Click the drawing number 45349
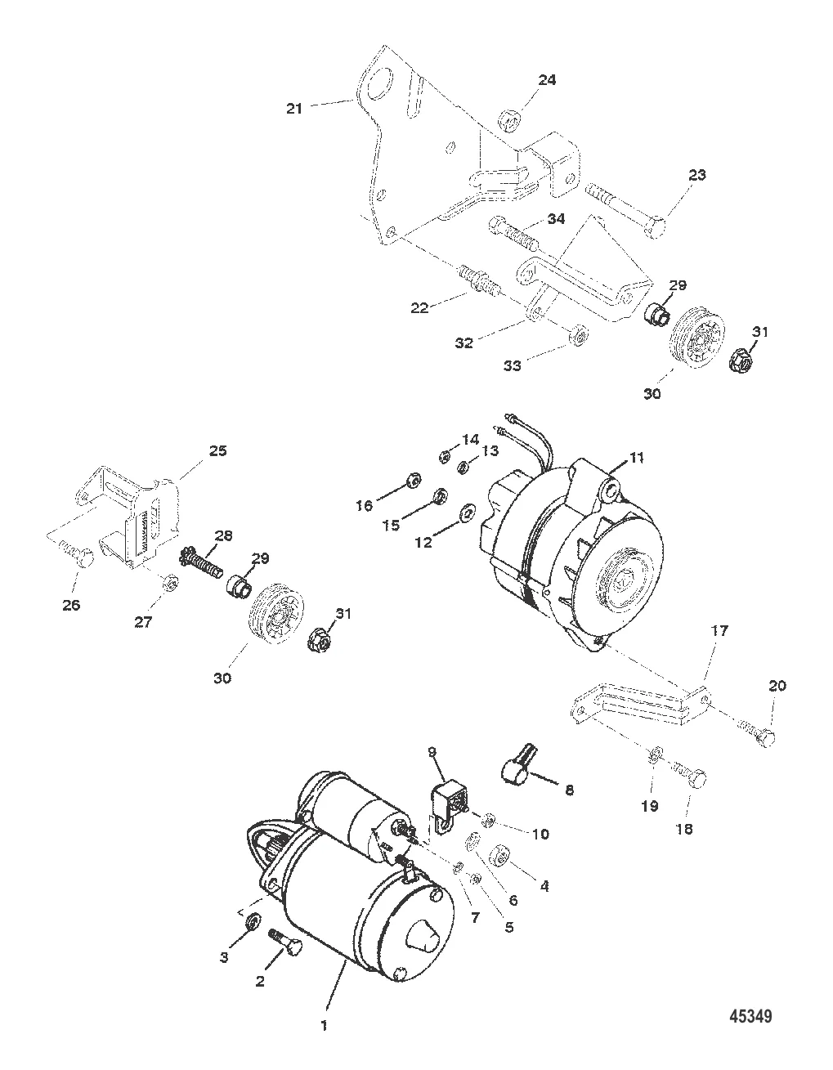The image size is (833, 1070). tap(750, 1016)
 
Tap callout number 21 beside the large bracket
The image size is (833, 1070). tap(294, 109)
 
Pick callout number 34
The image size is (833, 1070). tap(557, 218)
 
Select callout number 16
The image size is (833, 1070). tap(365, 506)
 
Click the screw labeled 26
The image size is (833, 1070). tap(75, 554)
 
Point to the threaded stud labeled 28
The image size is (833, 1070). tap(201, 562)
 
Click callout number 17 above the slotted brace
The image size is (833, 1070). tap(719, 631)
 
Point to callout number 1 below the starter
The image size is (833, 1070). tap(324, 1026)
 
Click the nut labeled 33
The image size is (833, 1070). tap(580, 335)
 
